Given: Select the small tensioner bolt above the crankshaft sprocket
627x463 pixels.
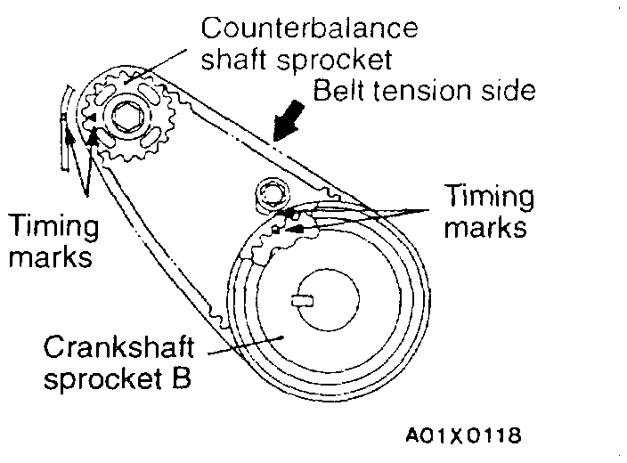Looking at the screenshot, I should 268,191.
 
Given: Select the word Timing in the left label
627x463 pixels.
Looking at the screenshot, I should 53,227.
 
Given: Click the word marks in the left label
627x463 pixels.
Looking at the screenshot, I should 50,258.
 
